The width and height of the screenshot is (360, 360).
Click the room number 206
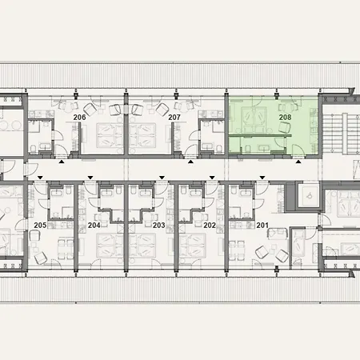tap(79, 118)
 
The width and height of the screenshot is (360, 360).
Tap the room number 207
tap(174, 118)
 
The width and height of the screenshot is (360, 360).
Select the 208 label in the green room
tap(285, 118)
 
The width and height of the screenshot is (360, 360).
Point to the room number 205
tap(41, 226)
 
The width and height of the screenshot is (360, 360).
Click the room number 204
tap(94, 226)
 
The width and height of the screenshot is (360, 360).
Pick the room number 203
tap(158, 226)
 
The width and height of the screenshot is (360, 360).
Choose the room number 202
tap(210, 226)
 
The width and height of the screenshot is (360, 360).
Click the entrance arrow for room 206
tap(62, 161)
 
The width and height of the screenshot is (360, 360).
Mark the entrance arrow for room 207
tap(191, 161)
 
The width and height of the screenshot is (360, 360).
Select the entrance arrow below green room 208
tap(299, 161)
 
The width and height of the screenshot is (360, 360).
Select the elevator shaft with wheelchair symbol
tap(307, 196)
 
